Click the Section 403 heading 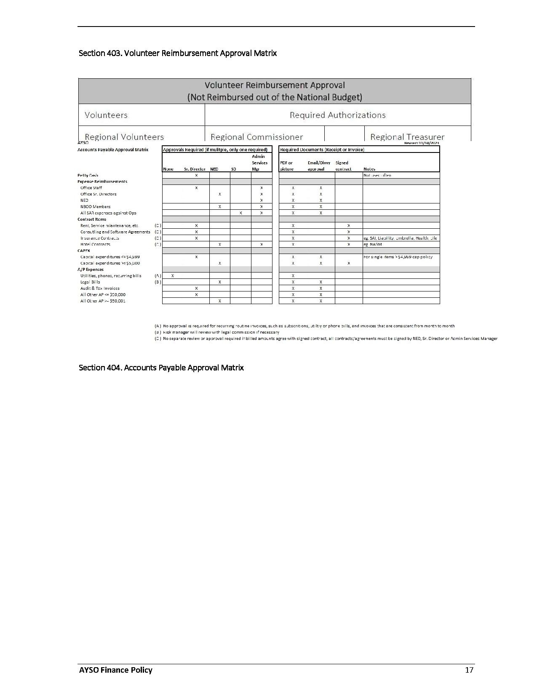(177, 53)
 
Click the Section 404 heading (161, 368)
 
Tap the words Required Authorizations (337, 115)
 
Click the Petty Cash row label (88, 175)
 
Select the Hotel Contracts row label (95, 244)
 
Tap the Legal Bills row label (90, 282)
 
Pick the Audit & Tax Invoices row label (100, 289)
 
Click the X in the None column (173, 276)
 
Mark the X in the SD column (240, 213)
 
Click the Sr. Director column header (195, 169)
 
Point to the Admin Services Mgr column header (259, 163)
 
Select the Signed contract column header (343, 166)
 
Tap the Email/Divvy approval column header (319, 166)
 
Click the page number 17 (469, 670)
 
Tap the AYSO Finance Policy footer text (116, 670)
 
